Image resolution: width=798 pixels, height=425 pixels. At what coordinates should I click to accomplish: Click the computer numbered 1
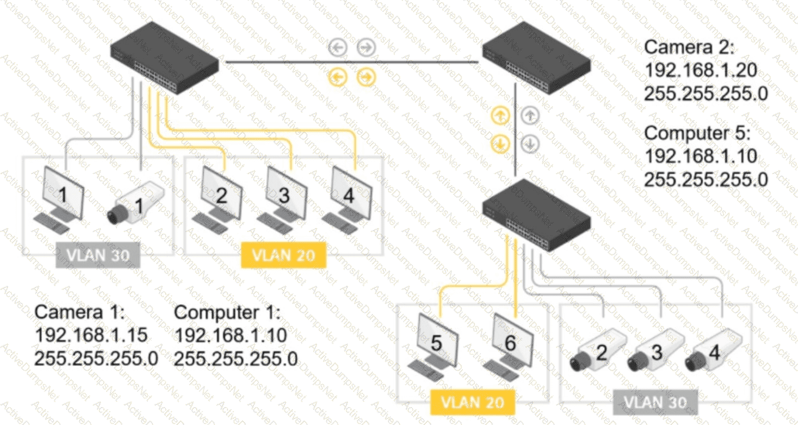coord(61,198)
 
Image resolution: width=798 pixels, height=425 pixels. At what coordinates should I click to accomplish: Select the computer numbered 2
coord(219,199)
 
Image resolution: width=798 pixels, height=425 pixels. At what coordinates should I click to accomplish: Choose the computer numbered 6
coord(509,345)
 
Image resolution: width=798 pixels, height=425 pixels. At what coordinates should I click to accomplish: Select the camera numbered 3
coord(653,351)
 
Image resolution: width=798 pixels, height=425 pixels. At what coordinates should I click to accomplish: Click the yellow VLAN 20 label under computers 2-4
coord(283,255)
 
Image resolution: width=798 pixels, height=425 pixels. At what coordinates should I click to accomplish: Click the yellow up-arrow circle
coord(500,116)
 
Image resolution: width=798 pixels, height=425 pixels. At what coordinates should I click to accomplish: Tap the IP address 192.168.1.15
coord(91,335)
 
